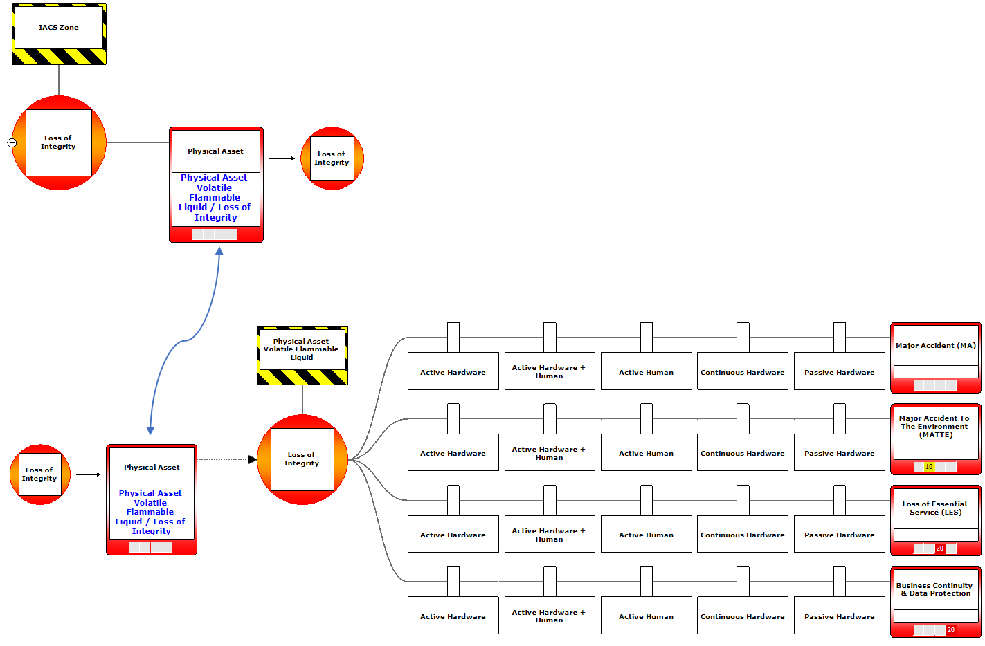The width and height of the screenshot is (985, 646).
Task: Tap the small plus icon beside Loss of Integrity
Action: pyautogui.click(x=12, y=143)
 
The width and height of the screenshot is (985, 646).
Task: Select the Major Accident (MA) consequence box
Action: pyautogui.click(x=935, y=346)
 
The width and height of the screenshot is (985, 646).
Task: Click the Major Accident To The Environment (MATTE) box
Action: pyautogui.click(x=935, y=427)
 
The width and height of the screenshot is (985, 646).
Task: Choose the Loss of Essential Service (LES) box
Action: pyautogui.click(x=935, y=508)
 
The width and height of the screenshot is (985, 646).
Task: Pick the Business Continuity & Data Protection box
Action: pyautogui.click(x=935, y=589)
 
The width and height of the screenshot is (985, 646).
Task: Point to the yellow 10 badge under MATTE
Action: pyautogui.click(x=929, y=467)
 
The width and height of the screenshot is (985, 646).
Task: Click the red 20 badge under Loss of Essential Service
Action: pyautogui.click(x=940, y=548)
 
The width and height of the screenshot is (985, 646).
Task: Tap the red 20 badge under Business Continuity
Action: pyautogui.click(x=951, y=630)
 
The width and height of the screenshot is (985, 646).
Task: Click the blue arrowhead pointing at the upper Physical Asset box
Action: pyautogui.click(x=219, y=252)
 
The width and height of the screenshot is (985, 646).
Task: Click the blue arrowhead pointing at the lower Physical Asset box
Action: pyautogui.click(x=150, y=430)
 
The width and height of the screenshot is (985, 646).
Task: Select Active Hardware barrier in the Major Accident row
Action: pyautogui.click(x=453, y=372)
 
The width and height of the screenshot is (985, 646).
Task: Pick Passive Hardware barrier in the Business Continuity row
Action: pyautogui.click(x=839, y=616)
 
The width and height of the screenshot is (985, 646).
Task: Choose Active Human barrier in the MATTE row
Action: pyautogui.click(x=646, y=454)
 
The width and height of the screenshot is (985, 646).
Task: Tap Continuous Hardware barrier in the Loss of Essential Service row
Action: pyautogui.click(x=742, y=535)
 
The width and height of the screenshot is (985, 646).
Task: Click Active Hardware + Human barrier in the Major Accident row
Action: pyautogui.click(x=549, y=372)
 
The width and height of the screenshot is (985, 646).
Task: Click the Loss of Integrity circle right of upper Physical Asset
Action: pyautogui.click(x=332, y=158)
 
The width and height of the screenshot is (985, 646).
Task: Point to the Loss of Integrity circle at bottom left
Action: pyautogui.click(x=40, y=474)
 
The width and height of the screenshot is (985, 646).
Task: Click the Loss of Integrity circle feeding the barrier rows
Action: pyautogui.click(x=302, y=459)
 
